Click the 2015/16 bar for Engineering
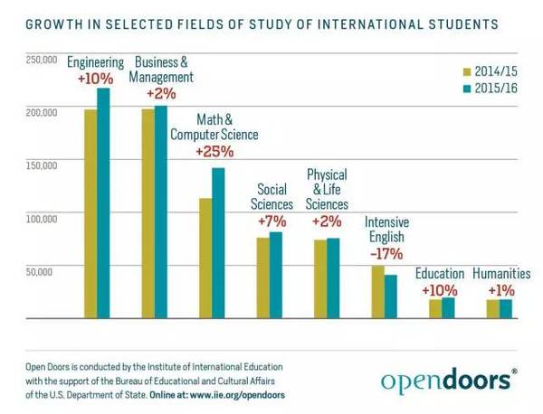pyautogui.click(x=103, y=203)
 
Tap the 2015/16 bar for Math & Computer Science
pyautogui.click(x=218, y=243)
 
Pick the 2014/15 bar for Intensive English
pyautogui.click(x=377, y=292)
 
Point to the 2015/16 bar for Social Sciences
pyautogui.click(x=275, y=276)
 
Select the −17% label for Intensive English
pyautogui.click(x=384, y=254)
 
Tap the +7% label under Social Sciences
pyautogui.click(x=271, y=221)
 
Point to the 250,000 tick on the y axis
pyautogui.click(x=42, y=60)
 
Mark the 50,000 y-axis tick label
pyautogui.click(x=44, y=270)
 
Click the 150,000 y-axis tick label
pyautogui.click(x=42, y=165)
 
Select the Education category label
pyautogui.click(x=440, y=273)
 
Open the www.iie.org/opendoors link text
pyautogui.click(x=234, y=393)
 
